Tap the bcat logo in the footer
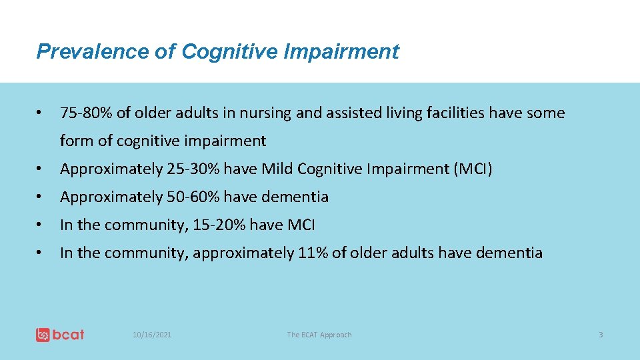point(60,334)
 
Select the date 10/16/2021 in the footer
point(151,335)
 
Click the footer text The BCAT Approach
point(319,335)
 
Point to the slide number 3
point(600,335)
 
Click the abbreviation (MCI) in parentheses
point(473,169)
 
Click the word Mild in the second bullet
point(277,169)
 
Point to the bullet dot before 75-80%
point(41,113)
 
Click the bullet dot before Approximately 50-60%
point(41,197)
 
